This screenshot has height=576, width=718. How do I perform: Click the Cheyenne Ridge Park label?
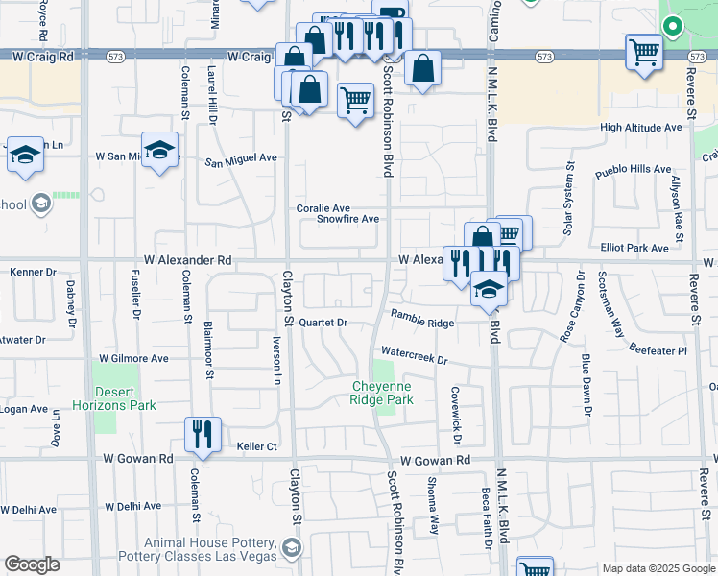click(x=381, y=392)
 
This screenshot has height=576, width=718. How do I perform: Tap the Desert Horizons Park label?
click(x=125, y=398)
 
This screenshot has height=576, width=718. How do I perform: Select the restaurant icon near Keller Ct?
click(x=203, y=435)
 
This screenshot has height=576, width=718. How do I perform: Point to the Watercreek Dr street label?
click(x=415, y=356)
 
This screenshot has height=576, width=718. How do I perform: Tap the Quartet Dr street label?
click(x=322, y=323)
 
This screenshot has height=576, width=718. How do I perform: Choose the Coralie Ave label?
click(x=323, y=207)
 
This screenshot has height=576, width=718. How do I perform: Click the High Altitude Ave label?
click(x=640, y=128)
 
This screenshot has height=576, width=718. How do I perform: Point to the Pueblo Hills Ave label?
click(x=633, y=171)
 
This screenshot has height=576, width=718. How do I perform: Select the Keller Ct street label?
click(x=256, y=446)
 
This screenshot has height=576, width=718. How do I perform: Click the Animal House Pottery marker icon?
click(x=292, y=549)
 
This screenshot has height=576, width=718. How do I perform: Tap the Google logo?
click(x=32, y=564)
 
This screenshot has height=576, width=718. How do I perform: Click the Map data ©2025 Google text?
click(x=658, y=568)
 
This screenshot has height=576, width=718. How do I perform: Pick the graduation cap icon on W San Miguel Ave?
click(x=161, y=150)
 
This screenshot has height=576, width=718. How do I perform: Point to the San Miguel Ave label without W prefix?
click(x=241, y=159)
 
